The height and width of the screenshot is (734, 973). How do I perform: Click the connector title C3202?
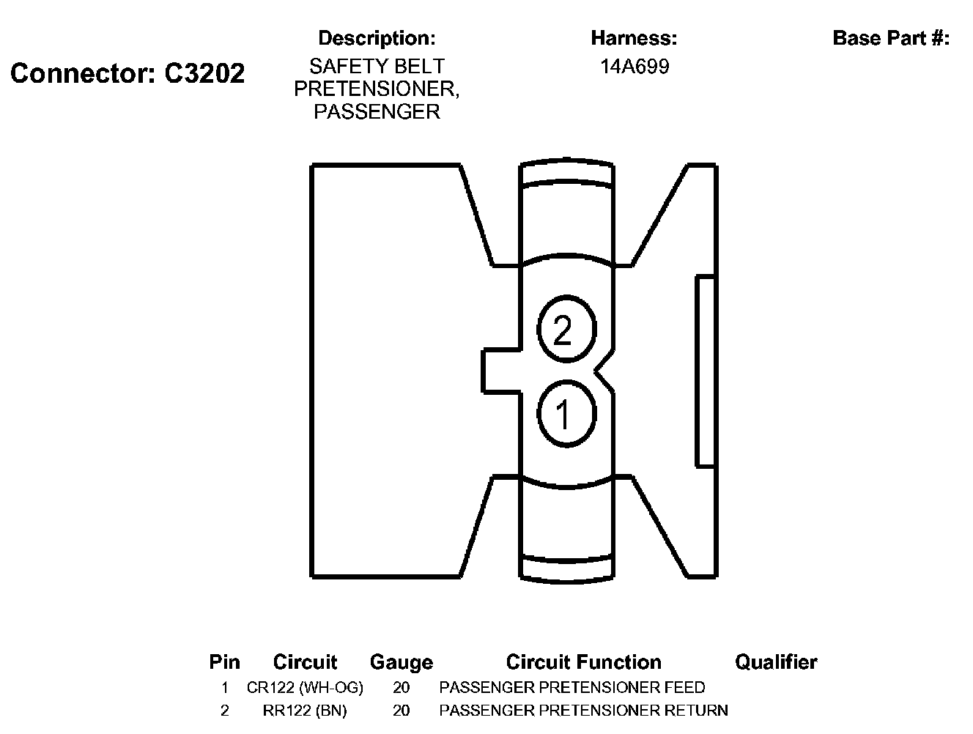[x=127, y=73]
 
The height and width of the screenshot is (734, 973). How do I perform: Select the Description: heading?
[x=377, y=38]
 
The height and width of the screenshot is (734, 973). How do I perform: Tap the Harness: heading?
[x=634, y=38]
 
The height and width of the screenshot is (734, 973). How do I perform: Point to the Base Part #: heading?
[x=891, y=38]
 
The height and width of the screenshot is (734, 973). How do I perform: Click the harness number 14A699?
[x=635, y=67]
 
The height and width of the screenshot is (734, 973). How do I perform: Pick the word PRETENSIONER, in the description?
[x=377, y=89]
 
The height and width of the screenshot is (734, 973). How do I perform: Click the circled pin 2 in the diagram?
[x=566, y=330]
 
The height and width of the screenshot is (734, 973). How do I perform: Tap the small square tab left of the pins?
[x=501, y=371]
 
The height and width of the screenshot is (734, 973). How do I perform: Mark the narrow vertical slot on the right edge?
[x=705, y=371]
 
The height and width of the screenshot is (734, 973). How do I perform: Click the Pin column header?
[x=224, y=662]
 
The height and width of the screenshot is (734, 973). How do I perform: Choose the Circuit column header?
[x=305, y=662]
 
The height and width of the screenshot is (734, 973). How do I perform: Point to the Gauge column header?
[x=401, y=662]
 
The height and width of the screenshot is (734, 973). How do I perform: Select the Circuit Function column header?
[x=583, y=662]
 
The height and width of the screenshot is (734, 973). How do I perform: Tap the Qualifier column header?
[x=776, y=662]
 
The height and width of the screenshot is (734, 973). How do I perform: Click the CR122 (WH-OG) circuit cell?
[x=305, y=688]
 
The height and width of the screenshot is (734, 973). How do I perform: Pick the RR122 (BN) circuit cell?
[x=305, y=711]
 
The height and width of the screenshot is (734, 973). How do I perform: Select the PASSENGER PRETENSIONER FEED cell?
[x=571, y=688]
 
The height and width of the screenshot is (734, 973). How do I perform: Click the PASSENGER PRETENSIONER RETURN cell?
[x=583, y=711]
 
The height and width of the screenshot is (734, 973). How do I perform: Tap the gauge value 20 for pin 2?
[x=401, y=711]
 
